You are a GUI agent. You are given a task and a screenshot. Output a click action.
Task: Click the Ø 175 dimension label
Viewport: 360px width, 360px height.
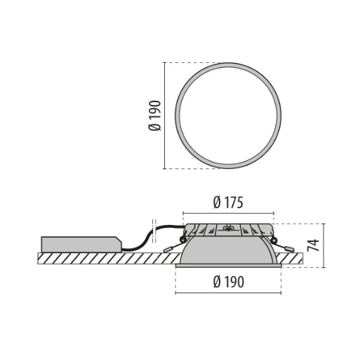pyautogui.click(x=228, y=203)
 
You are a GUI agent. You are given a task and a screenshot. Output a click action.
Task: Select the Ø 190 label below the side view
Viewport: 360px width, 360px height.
pyautogui.click(x=228, y=282)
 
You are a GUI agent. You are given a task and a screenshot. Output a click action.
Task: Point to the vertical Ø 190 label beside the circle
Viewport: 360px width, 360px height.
pyautogui.click(x=155, y=115)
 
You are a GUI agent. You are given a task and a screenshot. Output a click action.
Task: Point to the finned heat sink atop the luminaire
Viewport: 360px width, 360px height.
pyautogui.click(x=228, y=230)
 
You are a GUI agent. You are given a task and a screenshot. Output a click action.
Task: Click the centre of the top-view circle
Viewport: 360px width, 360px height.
pyautogui.click(x=228, y=115)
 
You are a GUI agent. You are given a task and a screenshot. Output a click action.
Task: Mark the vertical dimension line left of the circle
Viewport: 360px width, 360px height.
pyautogui.click(x=164, y=115)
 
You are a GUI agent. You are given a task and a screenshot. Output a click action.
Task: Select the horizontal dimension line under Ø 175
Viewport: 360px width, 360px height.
pyautogui.click(x=228, y=213)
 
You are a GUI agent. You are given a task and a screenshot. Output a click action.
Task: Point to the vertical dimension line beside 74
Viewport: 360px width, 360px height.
pyautogui.click(x=325, y=245)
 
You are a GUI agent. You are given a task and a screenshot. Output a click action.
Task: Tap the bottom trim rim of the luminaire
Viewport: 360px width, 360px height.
pyautogui.click(x=228, y=266)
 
